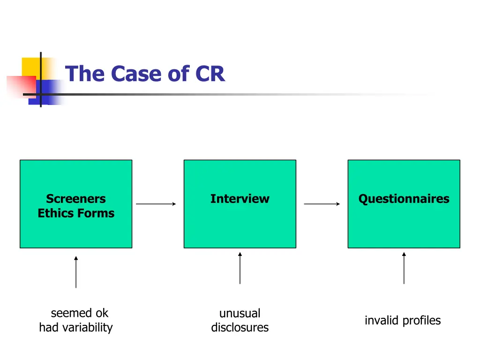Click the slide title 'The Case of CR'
coord(145,74)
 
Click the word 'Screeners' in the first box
coord(76,199)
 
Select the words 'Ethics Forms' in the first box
coord(76,213)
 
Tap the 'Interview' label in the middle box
coord(240,199)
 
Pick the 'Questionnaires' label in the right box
coord(404,199)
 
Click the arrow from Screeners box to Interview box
coord(156,204)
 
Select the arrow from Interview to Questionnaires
coord(322,204)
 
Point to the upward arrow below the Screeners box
coord(76,272)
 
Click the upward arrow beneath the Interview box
coord(240,268)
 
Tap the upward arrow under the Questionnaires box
coord(404,268)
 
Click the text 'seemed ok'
coord(79,313)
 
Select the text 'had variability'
coord(76,327)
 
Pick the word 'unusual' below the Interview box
coord(240,313)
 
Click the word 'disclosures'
coord(240,327)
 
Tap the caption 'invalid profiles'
coord(403,321)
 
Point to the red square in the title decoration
coord(20,87)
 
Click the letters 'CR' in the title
coord(210,74)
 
